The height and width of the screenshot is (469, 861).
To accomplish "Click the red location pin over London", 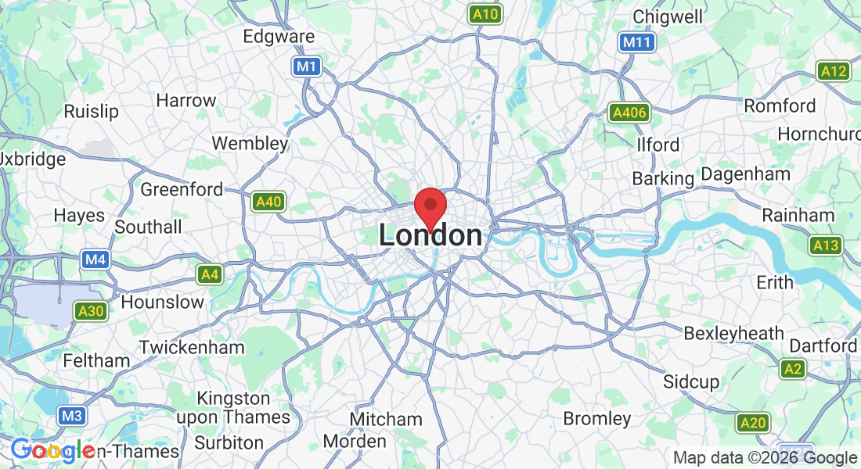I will pyautogui.click(x=430, y=206).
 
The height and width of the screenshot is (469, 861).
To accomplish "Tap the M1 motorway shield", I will pyautogui.click(x=307, y=66).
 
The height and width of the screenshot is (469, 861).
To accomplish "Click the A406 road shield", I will pyautogui.click(x=629, y=113).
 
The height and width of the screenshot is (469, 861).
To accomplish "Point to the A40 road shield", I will pyautogui.click(x=268, y=202).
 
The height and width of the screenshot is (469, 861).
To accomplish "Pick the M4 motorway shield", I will pyautogui.click(x=95, y=259).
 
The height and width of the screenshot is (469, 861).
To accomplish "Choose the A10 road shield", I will pyautogui.click(x=485, y=13).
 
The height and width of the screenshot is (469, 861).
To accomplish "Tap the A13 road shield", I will pyautogui.click(x=826, y=246).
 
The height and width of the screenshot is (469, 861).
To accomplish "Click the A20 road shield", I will pyautogui.click(x=752, y=423).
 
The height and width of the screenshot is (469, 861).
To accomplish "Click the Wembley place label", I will pyautogui.click(x=250, y=144).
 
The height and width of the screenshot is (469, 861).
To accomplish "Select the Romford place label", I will pyautogui.click(x=780, y=106).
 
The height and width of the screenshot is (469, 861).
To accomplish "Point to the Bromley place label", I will pyautogui.click(x=596, y=418).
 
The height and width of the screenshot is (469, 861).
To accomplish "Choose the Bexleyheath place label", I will pyautogui.click(x=733, y=334).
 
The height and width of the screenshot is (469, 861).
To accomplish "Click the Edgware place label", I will pyautogui.click(x=279, y=37).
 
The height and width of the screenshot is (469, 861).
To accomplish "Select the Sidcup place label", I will pyautogui.click(x=690, y=381).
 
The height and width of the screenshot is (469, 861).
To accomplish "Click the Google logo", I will pyautogui.click(x=52, y=450).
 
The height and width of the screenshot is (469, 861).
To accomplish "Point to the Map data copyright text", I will pyautogui.click(x=765, y=458).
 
